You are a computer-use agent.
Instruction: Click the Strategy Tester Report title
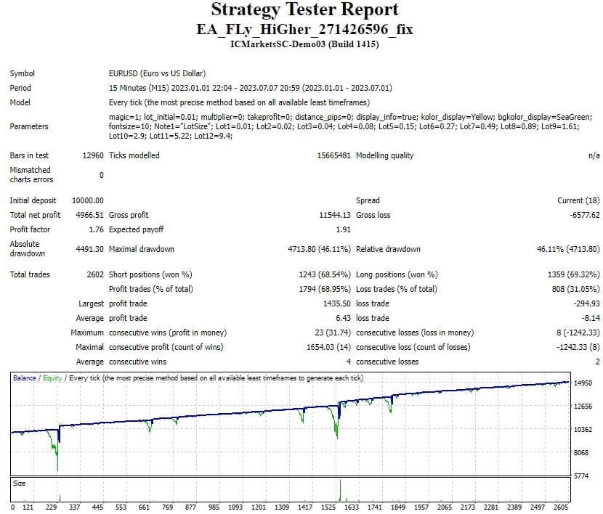coord(304,9)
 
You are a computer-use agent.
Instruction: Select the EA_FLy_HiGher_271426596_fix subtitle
coord(304,29)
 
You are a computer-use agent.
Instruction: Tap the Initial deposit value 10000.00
coord(88,200)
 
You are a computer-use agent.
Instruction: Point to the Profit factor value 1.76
coord(96,229)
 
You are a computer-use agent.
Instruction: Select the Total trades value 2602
coord(94,274)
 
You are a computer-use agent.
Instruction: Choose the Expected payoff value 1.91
coord(344,229)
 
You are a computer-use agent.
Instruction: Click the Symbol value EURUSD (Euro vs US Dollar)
coord(157,73)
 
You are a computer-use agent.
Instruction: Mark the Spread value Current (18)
coord(579,200)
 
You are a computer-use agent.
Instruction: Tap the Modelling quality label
coord(384,155)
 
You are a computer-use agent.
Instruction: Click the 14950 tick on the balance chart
coord(583,383)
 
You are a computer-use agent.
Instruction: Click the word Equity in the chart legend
coord(53,378)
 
